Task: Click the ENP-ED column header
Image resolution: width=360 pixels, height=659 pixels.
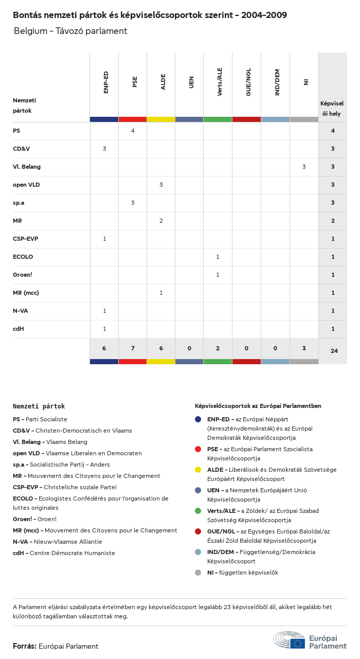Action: (106, 82)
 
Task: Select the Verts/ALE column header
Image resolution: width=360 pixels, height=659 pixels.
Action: (220, 82)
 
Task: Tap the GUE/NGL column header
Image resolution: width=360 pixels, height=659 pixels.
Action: (248, 82)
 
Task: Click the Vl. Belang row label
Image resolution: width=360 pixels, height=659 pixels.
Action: (27, 167)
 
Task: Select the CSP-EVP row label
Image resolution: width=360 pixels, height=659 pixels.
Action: (25, 239)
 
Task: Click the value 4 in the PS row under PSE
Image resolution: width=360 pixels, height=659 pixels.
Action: (133, 131)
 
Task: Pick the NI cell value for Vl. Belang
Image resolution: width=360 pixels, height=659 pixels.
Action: (304, 167)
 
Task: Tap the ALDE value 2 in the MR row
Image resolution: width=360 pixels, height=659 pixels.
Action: (161, 221)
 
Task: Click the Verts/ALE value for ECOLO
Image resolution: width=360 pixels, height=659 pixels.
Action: (218, 257)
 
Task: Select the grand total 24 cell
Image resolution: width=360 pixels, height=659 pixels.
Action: (334, 351)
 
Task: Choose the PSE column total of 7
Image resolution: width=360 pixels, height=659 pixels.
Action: (133, 348)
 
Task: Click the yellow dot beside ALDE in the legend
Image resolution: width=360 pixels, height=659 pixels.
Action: (198, 470)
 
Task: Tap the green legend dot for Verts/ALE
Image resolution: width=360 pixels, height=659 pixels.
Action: (198, 511)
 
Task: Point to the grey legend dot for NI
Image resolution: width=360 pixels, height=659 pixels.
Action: (198, 573)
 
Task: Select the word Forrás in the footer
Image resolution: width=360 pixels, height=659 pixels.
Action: (25, 646)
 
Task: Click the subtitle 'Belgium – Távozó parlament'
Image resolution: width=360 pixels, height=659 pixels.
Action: (70, 31)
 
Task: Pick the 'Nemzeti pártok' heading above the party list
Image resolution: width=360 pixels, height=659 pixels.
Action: (39, 406)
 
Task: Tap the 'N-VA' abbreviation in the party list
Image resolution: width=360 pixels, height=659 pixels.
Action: (22, 542)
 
